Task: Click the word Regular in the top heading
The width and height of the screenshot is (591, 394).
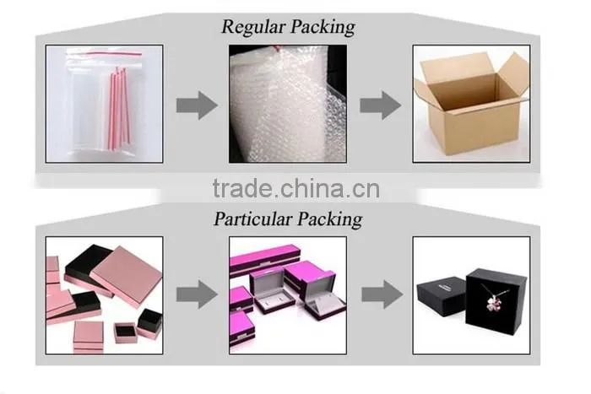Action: (x=253, y=27)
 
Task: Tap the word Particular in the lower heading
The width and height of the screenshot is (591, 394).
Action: (x=253, y=219)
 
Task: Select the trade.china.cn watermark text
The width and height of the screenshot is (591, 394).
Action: (x=296, y=189)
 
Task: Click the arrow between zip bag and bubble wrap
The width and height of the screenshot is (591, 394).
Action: (x=197, y=105)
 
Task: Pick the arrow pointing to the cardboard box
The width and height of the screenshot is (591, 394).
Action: (x=380, y=105)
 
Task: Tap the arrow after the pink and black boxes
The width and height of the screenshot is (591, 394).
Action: (x=197, y=294)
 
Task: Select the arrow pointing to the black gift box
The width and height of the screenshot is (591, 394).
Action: (x=382, y=294)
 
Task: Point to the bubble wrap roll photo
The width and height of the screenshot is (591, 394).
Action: (x=288, y=104)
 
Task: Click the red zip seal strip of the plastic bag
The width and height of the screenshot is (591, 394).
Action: (x=105, y=55)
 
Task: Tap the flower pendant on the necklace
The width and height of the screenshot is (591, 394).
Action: (x=493, y=303)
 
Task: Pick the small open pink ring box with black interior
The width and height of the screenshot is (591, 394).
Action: (x=126, y=332)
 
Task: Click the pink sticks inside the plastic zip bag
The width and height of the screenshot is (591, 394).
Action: (x=120, y=108)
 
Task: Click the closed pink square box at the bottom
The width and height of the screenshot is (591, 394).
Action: (x=89, y=337)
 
